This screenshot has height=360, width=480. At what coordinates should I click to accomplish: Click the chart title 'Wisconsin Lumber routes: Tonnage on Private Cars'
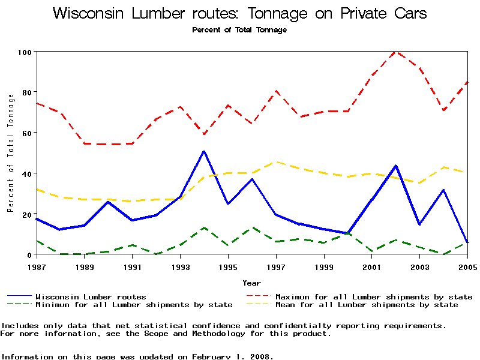[x=240, y=14]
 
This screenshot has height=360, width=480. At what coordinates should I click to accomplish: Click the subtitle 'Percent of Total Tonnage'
[x=239, y=30]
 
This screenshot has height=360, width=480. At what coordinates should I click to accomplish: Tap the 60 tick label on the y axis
[x=26, y=133]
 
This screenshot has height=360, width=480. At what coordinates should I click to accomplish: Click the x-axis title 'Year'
[x=252, y=283]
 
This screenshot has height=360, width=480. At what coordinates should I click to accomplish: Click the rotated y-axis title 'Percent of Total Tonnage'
[x=11, y=153]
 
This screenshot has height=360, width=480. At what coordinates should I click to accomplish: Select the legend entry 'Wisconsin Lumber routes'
[x=90, y=296]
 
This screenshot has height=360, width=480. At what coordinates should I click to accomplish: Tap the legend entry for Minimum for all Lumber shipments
[x=133, y=305]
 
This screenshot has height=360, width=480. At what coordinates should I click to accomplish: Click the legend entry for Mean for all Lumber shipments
[x=366, y=305]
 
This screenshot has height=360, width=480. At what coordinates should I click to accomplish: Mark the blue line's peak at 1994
[x=204, y=151]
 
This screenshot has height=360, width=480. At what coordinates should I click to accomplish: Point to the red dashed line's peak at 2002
[x=395, y=52]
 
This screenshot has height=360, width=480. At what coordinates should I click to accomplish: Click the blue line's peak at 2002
[x=395, y=166]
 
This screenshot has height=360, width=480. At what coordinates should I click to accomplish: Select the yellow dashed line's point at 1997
[x=276, y=162]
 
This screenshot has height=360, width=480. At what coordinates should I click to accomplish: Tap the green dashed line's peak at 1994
[x=204, y=228]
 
